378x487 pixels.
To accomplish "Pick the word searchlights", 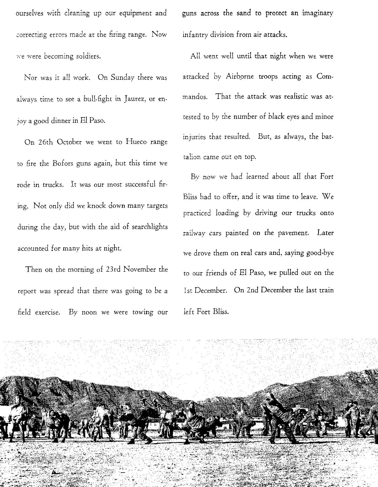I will (x=150, y=227).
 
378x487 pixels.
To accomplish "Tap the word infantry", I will (x=195, y=35).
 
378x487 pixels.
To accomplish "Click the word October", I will (x=69, y=142).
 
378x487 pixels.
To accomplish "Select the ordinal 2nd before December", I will (x=253, y=290).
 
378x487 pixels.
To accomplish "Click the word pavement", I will (x=293, y=233).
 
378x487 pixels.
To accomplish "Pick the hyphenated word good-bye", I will (x=320, y=253).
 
